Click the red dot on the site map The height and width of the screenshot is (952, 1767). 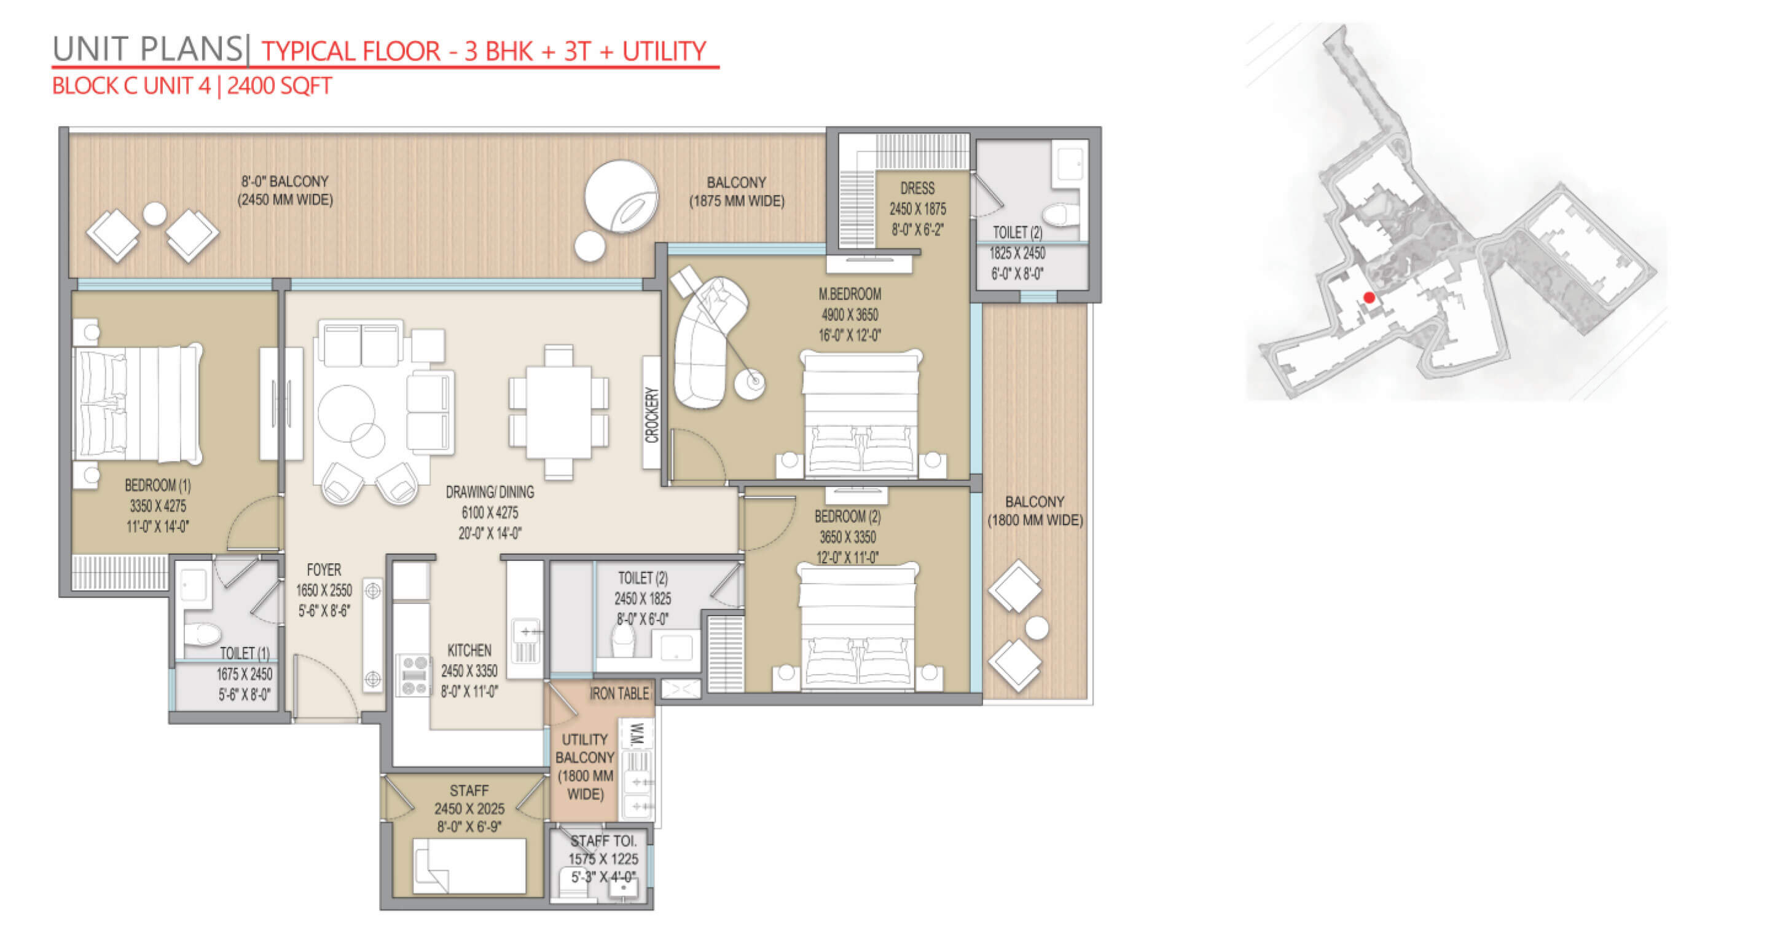coord(1369,298)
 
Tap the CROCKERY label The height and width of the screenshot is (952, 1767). coord(652,415)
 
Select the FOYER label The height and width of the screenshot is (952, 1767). coord(324,569)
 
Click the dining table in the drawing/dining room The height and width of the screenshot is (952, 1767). coord(558,413)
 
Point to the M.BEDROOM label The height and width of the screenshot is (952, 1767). coord(849,295)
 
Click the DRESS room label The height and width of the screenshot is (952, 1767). coord(917,188)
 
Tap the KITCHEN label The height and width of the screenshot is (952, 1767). coord(469,650)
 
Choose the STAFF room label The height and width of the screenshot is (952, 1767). coord(469,791)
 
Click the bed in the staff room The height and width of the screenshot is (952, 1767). coord(469,866)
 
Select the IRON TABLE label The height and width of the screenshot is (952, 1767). coord(619,694)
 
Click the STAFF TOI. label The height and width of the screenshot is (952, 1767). coord(603,841)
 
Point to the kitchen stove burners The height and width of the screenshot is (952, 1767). coord(415,675)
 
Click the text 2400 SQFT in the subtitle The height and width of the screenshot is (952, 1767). coord(279,86)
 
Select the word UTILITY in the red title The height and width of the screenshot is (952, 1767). coord(664,52)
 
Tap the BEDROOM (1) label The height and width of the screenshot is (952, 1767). coord(158,485)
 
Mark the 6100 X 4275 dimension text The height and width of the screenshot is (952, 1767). coord(490,513)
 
